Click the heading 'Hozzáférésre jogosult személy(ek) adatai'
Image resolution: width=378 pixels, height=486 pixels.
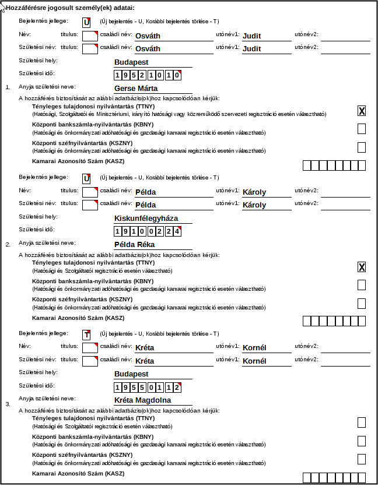(69, 8)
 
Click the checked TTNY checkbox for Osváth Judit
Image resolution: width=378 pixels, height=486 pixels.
(362, 111)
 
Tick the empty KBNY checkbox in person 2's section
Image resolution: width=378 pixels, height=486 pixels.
(362, 284)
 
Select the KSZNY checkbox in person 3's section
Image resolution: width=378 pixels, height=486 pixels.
(362, 459)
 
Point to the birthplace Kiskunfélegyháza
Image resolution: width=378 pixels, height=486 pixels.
(146, 219)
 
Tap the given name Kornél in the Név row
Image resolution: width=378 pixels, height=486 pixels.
(254, 348)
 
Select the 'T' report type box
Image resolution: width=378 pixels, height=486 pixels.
(86, 334)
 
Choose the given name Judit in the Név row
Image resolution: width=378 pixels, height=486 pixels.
(252, 36)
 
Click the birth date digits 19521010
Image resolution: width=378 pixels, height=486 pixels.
(148, 75)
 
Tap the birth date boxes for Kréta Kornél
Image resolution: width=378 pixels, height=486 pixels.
(148, 388)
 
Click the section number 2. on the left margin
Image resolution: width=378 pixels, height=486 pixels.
(8, 244)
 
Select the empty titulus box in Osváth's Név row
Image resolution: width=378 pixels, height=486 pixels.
(90, 36)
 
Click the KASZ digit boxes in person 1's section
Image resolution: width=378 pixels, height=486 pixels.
(334, 165)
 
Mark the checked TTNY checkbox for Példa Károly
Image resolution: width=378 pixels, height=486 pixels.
(362, 267)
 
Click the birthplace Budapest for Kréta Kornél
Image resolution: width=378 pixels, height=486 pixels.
(131, 374)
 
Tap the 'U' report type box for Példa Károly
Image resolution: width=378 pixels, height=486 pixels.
(86, 178)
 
